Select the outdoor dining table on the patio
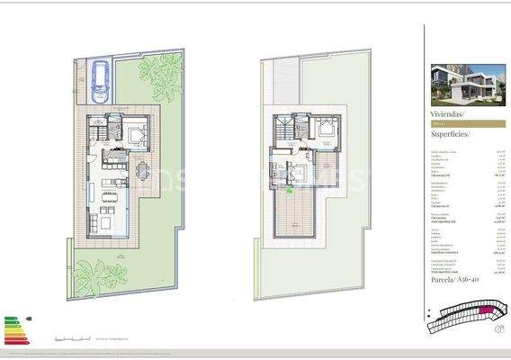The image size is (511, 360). click(x=142, y=169)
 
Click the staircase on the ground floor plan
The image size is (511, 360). click(x=95, y=130)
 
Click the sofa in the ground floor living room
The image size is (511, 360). click(x=106, y=219)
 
